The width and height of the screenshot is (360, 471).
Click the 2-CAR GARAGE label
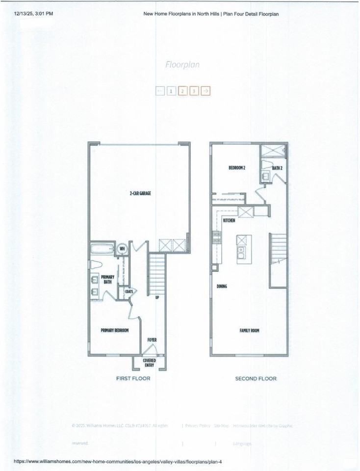click(x=137, y=194)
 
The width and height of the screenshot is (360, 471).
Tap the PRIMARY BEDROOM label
click(x=115, y=331)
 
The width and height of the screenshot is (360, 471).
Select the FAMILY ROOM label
click(x=249, y=331)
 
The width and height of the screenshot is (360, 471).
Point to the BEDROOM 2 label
click(x=237, y=168)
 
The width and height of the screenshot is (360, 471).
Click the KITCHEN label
click(x=229, y=221)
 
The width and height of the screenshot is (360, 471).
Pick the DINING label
click(x=222, y=286)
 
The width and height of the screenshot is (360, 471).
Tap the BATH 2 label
click(x=277, y=168)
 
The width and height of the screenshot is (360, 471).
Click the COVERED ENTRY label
click(x=150, y=363)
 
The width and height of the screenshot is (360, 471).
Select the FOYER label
click(x=152, y=340)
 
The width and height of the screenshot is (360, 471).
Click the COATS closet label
click(x=129, y=291)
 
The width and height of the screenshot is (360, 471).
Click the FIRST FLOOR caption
click(x=133, y=378)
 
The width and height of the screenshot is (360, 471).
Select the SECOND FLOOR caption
click(x=256, y=378)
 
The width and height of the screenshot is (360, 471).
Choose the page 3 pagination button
click(x=194, y=91)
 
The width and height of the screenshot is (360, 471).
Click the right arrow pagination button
click(x=206, y=91)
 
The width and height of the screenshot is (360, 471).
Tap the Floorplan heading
click(x=182, y=64)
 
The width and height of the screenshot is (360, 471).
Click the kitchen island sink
click(x=241, y=252)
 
